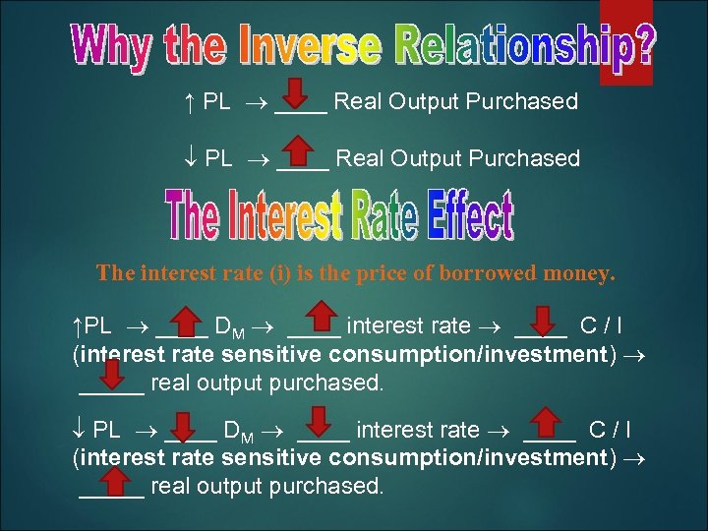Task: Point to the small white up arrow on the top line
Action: point(188,102)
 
